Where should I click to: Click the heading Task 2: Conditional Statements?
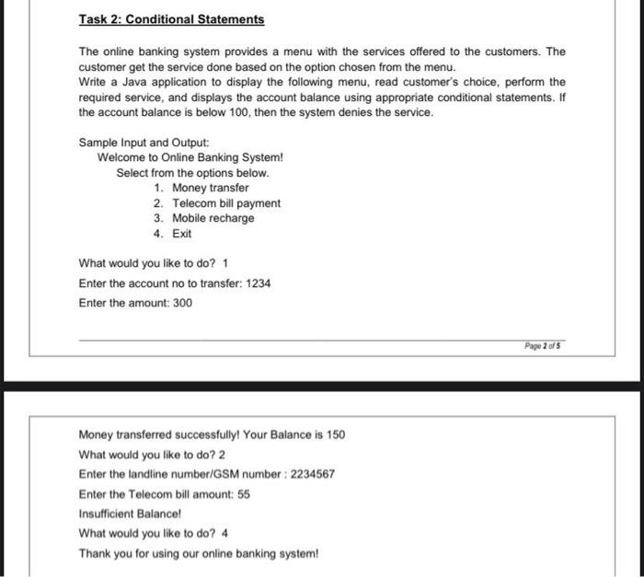pos(171,19)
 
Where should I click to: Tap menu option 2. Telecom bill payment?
pos(217,203)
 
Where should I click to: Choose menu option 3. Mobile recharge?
pos(204,218)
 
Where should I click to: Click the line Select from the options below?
pos(193,173)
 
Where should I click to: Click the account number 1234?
pos(259,283)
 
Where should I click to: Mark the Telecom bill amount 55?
pos(244,494)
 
